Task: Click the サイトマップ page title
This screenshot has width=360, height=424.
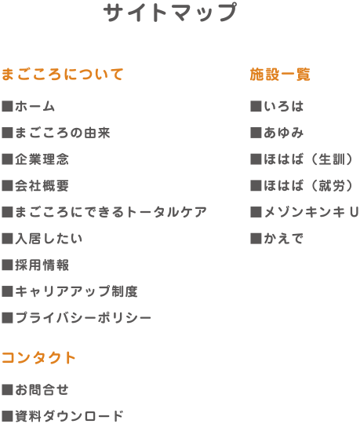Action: point(170,12)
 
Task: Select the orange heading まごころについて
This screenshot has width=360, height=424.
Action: point(63,75)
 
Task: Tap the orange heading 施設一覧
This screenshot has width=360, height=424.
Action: point(280,75)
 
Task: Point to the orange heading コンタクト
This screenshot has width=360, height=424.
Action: point(38,358)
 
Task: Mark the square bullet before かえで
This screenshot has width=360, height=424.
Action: point(256,239)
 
